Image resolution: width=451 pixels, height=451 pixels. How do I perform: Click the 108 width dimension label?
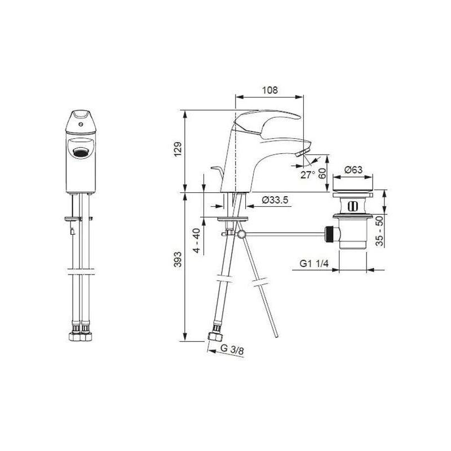click(270, 90)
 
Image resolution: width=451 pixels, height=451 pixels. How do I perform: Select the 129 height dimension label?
click(178, 149)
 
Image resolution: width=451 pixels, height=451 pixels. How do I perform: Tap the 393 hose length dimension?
click(178, 259)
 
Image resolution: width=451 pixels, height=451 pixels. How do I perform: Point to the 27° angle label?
click(307, 174)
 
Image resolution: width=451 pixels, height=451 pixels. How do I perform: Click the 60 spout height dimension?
click(323, 173)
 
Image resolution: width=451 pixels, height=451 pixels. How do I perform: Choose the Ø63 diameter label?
click(353, 170)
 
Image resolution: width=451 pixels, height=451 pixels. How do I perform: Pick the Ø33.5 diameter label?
click(275, 200)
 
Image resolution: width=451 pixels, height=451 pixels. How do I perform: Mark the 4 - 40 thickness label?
click(197, 241)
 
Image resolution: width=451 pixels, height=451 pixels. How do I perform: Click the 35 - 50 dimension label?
click(380, 231)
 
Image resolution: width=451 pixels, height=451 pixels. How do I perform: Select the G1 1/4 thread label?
click(314, 263)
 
